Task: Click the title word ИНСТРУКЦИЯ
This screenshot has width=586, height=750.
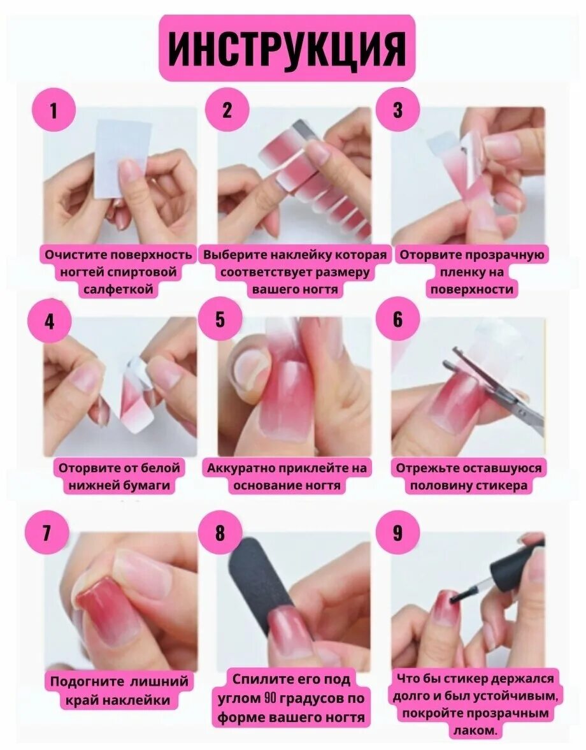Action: point(287,49)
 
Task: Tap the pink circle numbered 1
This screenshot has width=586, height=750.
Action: point(54,110)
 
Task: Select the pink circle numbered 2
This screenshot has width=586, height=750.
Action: point(227,110)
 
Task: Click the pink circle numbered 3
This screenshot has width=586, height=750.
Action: point(397,110)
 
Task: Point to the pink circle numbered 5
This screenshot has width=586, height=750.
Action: point(219,319)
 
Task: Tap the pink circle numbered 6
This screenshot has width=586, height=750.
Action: point(397,319)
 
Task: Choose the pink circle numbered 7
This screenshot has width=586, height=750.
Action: point(46,532)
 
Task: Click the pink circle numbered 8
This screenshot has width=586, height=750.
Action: point(219,532)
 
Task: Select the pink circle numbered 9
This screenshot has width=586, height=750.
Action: point(397,532)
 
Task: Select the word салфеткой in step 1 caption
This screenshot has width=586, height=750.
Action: point(118,289)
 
